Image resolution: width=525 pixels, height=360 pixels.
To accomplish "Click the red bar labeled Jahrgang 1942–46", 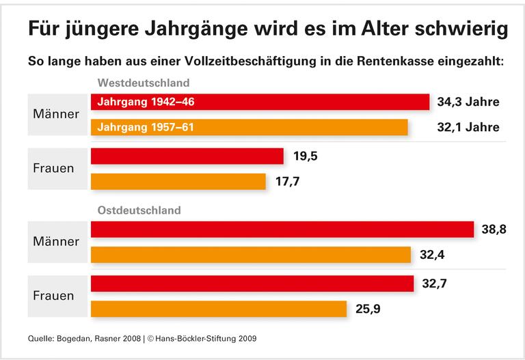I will (x=260, y=102).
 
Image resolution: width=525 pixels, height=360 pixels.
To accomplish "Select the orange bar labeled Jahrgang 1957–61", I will (x=250, y=127).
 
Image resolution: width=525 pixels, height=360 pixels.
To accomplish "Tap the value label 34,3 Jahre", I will (x=468, y=102).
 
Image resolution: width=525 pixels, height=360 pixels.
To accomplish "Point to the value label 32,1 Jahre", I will (x=468, y=127).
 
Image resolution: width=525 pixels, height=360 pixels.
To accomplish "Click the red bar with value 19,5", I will (x=187, y=156).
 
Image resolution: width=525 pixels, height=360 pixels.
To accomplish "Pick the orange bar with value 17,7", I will (x=178, y=182).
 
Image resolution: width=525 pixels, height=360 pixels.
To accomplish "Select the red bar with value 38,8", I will (x=282, y=230).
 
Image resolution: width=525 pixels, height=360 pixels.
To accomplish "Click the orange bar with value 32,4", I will (x=251, y=255).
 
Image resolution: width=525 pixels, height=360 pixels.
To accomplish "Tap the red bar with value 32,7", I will (x=252, y=283).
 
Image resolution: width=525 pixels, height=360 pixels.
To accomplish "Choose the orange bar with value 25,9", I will (x=219, y=309).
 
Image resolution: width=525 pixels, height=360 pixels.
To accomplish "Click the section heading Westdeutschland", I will (x=144, y=83).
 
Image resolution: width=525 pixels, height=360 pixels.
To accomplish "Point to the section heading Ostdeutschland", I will (x=139, y=210).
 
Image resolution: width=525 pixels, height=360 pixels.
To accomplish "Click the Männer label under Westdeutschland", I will (x=56, y=113).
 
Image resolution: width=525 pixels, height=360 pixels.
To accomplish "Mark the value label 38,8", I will (x=494, y=230).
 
